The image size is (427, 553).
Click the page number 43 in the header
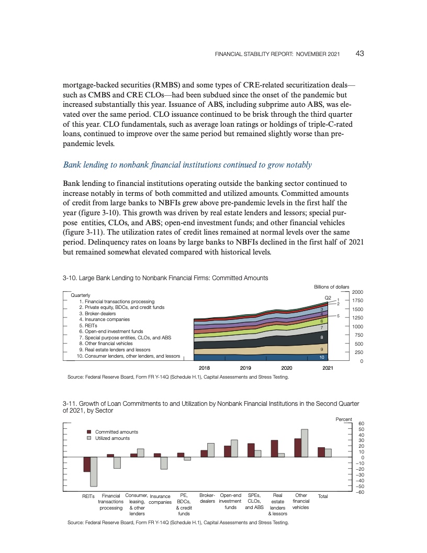pyautogui.click(x=360, y=53)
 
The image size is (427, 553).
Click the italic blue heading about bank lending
pyautogui.click(x=187, y=165)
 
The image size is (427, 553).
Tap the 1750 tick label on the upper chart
pyautogui.click(x=358, y=301)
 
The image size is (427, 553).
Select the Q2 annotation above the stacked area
pyautogui.click(x=328, y=297)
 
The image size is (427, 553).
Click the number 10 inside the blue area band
pyautogui.click(x=322, y=357)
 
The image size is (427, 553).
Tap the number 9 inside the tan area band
pyautogui.click(x=322, y=349)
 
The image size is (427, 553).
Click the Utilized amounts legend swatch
pyautogui.click(x=89, y=438)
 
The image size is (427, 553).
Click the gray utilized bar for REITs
pyautogui.click(x=94, y=471)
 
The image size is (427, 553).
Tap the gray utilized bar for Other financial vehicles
pyautogui.click(x=305, y=443)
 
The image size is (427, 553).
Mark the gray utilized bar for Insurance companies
pyautogui.click(x=164, y=463)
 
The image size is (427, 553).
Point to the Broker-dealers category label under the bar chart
pyautogui.click(x=208, y=498)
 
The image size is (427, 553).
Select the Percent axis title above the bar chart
pyautogui.click(x=344, y=419)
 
